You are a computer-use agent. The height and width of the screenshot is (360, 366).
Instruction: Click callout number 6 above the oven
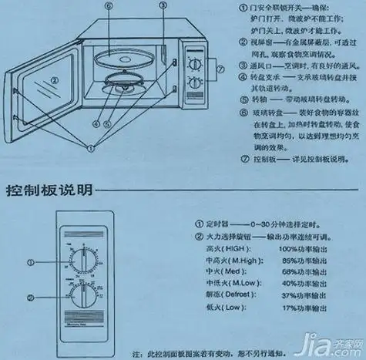(109, 6)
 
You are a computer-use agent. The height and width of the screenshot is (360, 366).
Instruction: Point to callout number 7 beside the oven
(220, 69)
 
